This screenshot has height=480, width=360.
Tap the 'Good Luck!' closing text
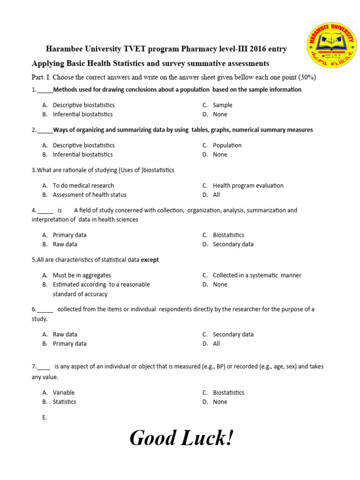tap(181, 438)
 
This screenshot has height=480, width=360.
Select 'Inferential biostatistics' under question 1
tap(82, 114)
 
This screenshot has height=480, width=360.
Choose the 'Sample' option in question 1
tap(222, 105)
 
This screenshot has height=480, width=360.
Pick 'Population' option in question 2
tap(227, 145)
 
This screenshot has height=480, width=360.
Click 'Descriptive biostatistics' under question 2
tap(83, 145)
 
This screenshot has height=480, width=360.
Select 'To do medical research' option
tap(83, 186)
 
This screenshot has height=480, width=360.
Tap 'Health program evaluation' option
tap(248, 186)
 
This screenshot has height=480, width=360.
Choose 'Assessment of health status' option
tap(89, 195)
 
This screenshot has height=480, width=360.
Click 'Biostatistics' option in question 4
tap(228, 235)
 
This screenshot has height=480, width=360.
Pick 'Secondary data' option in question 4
tap(233, 244)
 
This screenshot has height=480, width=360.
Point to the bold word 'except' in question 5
tap(150, 260)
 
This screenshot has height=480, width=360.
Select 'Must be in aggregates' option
tap(82, 276)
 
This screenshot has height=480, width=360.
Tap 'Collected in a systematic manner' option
tap(257, 276)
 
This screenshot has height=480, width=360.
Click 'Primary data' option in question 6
tap(69, 344)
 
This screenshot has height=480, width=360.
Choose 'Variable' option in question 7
tap(63, 393)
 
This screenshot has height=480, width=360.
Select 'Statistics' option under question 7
tap(64, 402)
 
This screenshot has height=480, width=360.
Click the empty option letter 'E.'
tap(45, 417)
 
